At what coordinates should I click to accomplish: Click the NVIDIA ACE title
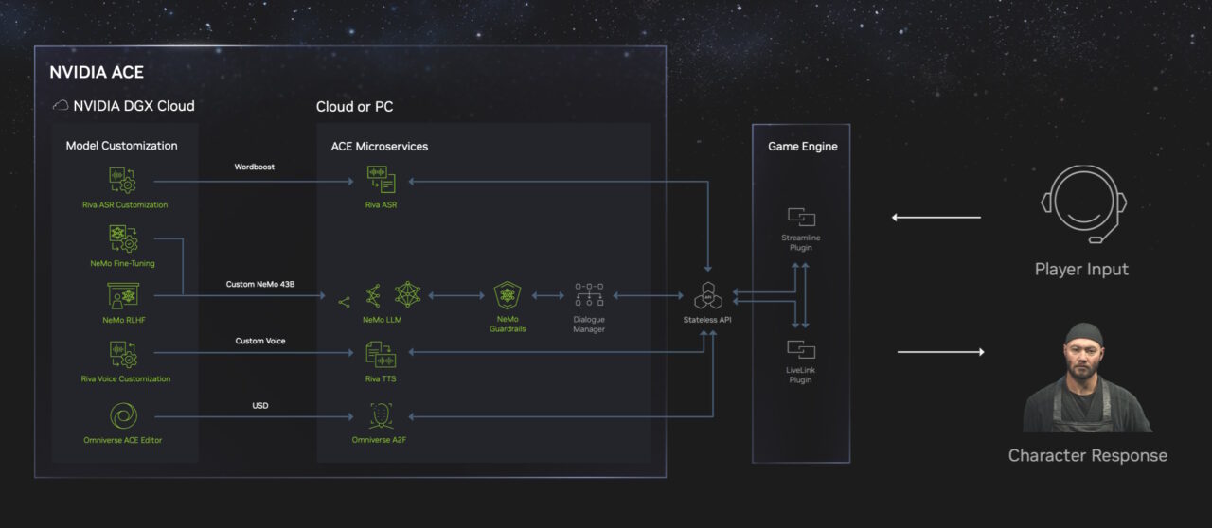click(x=97, y=72)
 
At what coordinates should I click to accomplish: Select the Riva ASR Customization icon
click(x=122, y=180)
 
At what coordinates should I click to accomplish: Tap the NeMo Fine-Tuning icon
click(x=122, y=238)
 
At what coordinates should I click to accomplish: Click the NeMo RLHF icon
click(x=122, y=296)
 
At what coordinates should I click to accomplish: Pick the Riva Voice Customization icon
click(x=122, y=355)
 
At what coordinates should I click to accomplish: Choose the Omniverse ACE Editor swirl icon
click(x=122, y=416)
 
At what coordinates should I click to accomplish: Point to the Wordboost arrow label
click(x=255, y=167)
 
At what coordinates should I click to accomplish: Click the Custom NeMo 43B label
click(x=260, y=284)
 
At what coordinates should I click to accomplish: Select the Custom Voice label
click(x=260, y=341)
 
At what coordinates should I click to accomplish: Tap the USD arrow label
click(x=259, y=405)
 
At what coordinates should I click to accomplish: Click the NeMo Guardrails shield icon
click(x=508, y=295)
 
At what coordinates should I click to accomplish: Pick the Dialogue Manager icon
click(x=589, y=295)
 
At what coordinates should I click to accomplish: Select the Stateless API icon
click(x=707, y=296)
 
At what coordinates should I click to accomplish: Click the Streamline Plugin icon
click(x=801, y=217)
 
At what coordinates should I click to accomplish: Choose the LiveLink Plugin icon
click(x=801, y=349)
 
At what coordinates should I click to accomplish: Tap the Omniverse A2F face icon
click(x=381, y=415)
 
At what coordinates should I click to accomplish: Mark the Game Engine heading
click(x=802, y=147)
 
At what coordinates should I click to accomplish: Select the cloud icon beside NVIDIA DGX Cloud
click(x=61, y=106)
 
